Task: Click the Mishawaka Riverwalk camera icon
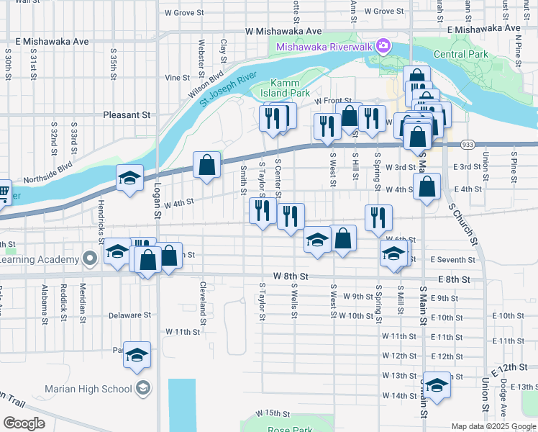point(383,48)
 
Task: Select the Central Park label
point(460,54)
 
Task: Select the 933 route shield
point(468,144)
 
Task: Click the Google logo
point(24,423)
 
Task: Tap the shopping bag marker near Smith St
point(206,164)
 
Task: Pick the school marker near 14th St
point(436,385)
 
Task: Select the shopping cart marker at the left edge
point(3,192)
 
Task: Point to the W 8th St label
point(291,276)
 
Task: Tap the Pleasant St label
point(127,114)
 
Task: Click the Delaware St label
point(129,315)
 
